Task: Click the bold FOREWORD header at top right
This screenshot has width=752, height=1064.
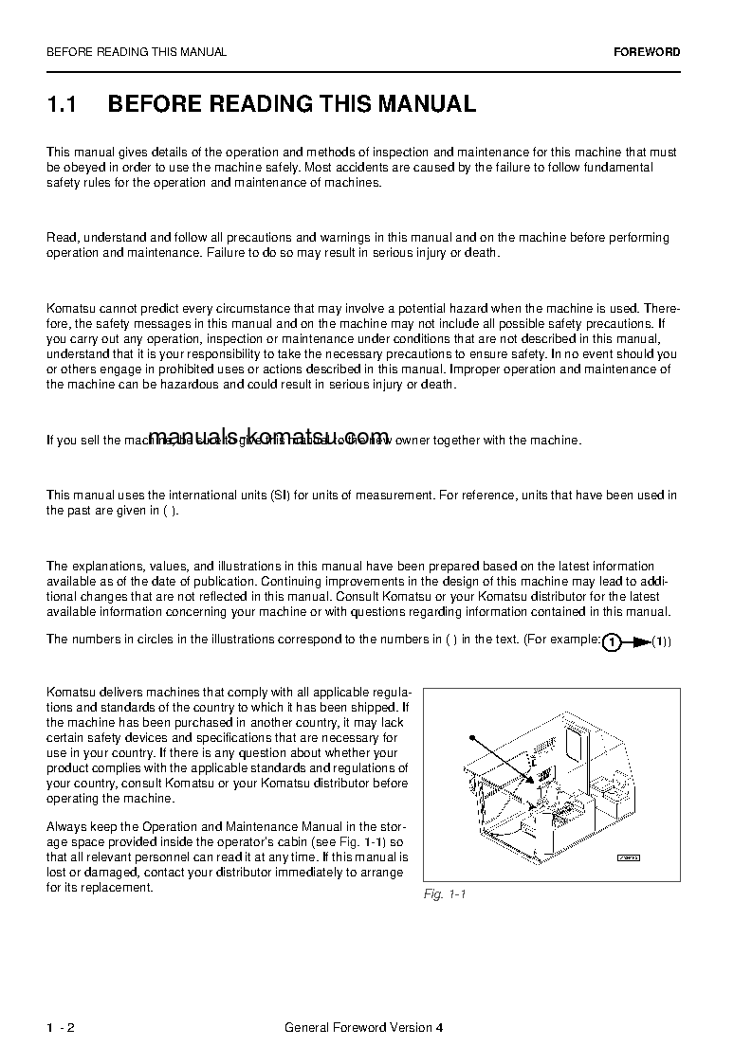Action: point(646,52)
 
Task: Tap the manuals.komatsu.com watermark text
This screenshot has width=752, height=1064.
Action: point(269,434)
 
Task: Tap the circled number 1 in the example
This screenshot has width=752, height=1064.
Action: point(612,642)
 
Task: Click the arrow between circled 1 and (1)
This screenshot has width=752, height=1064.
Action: point(638,642)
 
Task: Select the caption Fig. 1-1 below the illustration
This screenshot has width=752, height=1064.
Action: point(445,894)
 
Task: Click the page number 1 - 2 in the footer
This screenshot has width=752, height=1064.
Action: point(61,1028)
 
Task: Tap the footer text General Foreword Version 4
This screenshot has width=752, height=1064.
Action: point(363,1028)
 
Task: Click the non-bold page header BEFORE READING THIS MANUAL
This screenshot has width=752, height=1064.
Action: point(137,52)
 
